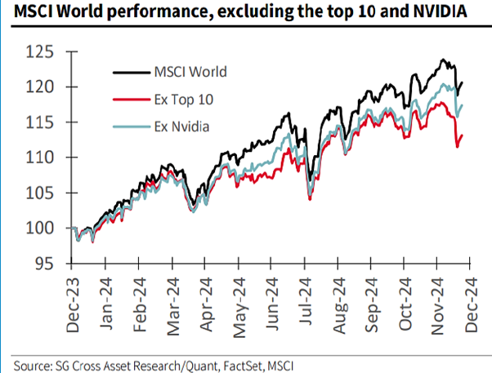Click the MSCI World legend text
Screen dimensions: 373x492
pos(190,71)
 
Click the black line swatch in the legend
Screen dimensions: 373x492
pos(127,71)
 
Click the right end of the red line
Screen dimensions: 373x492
pos(462,135)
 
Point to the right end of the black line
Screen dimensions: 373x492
pos(463,82)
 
